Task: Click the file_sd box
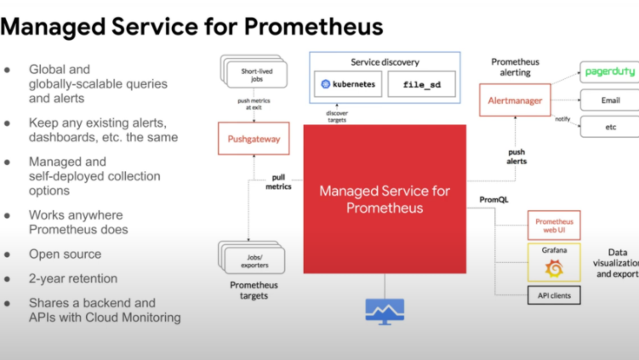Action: click(422, 84)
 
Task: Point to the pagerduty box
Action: click(608, 71)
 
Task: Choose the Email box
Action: click(608, 100)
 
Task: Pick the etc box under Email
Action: click(608, 127)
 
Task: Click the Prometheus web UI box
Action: click(554, 226)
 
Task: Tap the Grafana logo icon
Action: click(554, 268)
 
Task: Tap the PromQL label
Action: click(494, 198)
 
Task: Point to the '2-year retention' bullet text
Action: click(73, 278)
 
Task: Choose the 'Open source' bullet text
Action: click(65, 254)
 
